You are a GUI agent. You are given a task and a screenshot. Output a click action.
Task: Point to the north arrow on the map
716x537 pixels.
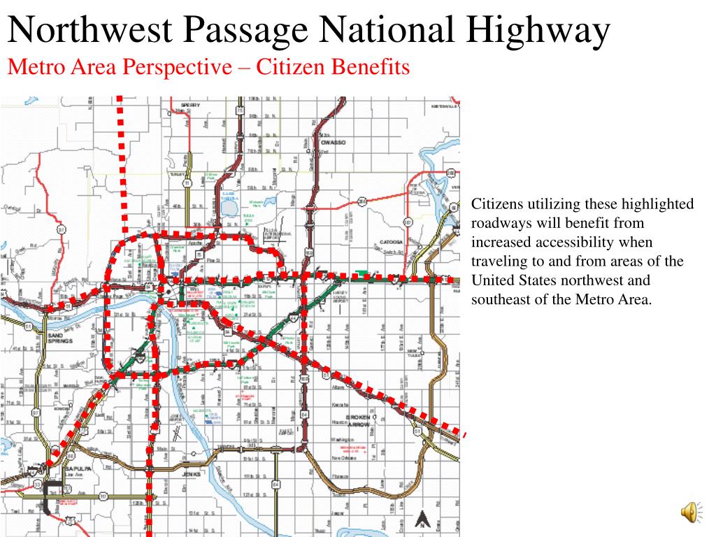point(422,520)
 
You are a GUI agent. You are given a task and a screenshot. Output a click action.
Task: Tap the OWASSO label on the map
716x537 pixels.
point(334,142)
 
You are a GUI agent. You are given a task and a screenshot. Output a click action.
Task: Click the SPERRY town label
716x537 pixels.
point(191,105)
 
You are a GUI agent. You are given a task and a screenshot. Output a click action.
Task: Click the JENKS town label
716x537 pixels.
point(191,474)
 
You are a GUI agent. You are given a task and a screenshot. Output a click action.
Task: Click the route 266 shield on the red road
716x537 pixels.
point(361,201)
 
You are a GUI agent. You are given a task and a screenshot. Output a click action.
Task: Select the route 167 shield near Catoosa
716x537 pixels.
point(407,223)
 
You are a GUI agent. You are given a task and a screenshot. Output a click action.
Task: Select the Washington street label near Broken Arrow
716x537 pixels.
point(342,440)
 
